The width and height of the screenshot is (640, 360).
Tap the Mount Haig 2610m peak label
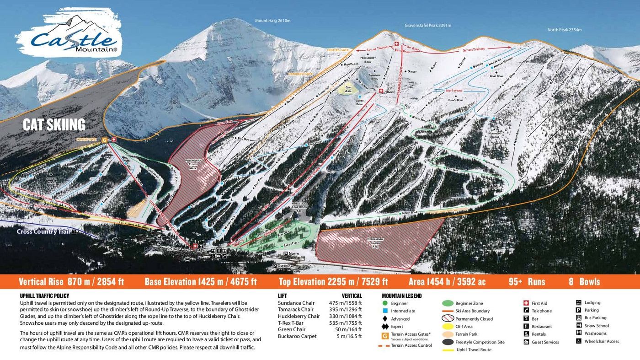tap(272, 21)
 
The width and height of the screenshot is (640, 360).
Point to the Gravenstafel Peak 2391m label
tap(427, 25)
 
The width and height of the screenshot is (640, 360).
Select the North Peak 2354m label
tap(564, 30)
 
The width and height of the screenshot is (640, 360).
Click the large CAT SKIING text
tap(54, 124)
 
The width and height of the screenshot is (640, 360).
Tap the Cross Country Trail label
tap(43, 231)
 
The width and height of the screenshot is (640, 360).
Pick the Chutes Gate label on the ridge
tap(338, 49)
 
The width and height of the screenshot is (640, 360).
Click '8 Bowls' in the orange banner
tap(584, 282)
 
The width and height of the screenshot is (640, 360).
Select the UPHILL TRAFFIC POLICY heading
tap(45, 296)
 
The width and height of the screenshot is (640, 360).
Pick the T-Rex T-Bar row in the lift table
tap(292, 322)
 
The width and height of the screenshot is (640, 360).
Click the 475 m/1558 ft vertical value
tap(345, 303)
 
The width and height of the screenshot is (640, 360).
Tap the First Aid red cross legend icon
tap(526, 303)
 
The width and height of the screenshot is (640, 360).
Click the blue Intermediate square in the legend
tap(385, 311)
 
